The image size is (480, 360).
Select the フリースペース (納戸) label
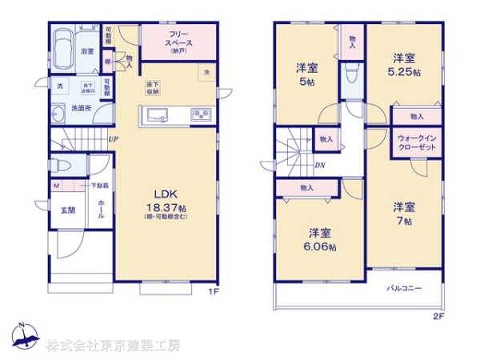178,40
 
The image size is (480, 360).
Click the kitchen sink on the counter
154,114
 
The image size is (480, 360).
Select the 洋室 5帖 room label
307,72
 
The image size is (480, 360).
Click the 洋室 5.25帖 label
404,63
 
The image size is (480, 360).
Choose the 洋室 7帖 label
403,213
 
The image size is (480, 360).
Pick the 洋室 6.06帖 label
322,239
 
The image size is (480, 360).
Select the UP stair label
114,140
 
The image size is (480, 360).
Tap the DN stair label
319,166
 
